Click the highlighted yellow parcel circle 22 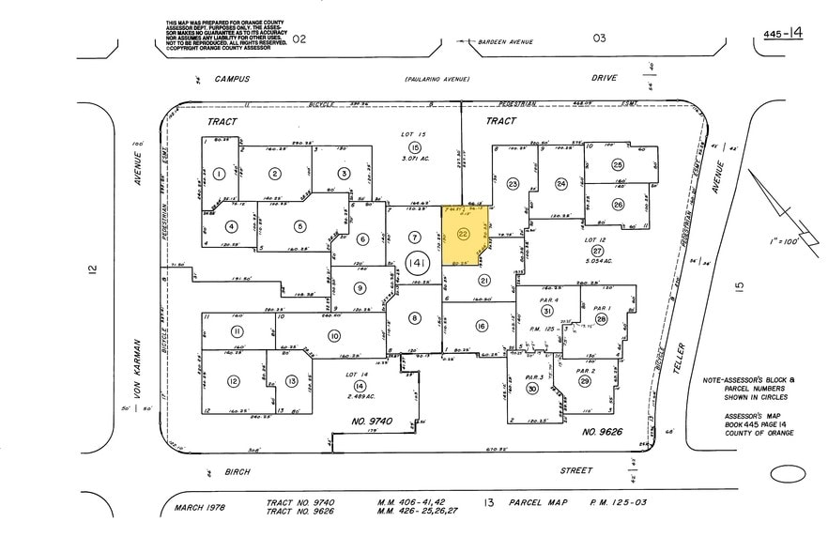(462, 234)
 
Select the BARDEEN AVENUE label (506, 42)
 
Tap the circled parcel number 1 (218, 173)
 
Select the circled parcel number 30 (531, 389)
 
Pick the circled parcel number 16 (481, 327)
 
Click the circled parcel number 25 (617, 164)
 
